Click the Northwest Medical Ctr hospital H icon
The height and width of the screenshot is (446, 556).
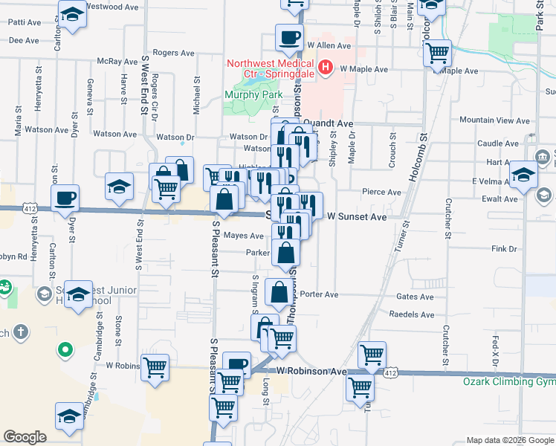tap(325, 69)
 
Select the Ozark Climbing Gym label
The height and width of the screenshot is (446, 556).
tap(509, 381)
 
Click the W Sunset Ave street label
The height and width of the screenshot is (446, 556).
tap(358, 216)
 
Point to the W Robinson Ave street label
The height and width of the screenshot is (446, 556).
tap(312, 370)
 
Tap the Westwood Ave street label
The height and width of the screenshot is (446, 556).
tap(112, 7)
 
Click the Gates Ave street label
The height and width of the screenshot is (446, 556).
tap(415, 296)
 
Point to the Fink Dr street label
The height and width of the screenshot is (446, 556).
tap(503, 248)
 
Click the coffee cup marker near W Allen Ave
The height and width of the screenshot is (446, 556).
tap(289, 36)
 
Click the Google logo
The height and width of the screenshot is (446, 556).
tap(25, 437)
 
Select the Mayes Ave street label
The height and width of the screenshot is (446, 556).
tap(244, 236)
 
